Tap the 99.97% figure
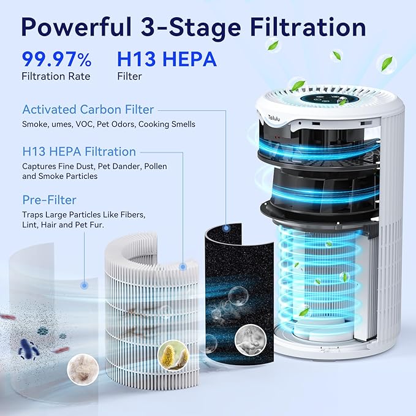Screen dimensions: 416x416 [56, 59]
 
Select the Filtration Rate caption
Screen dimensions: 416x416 [56, 77]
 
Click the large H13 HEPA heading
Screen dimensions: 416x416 [166, 59]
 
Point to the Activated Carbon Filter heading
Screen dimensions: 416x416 [88, 110]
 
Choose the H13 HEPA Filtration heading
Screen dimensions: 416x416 [79, 151]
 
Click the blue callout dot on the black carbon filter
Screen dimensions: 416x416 [226, 229]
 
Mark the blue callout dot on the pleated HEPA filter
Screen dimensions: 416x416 [183, 267]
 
